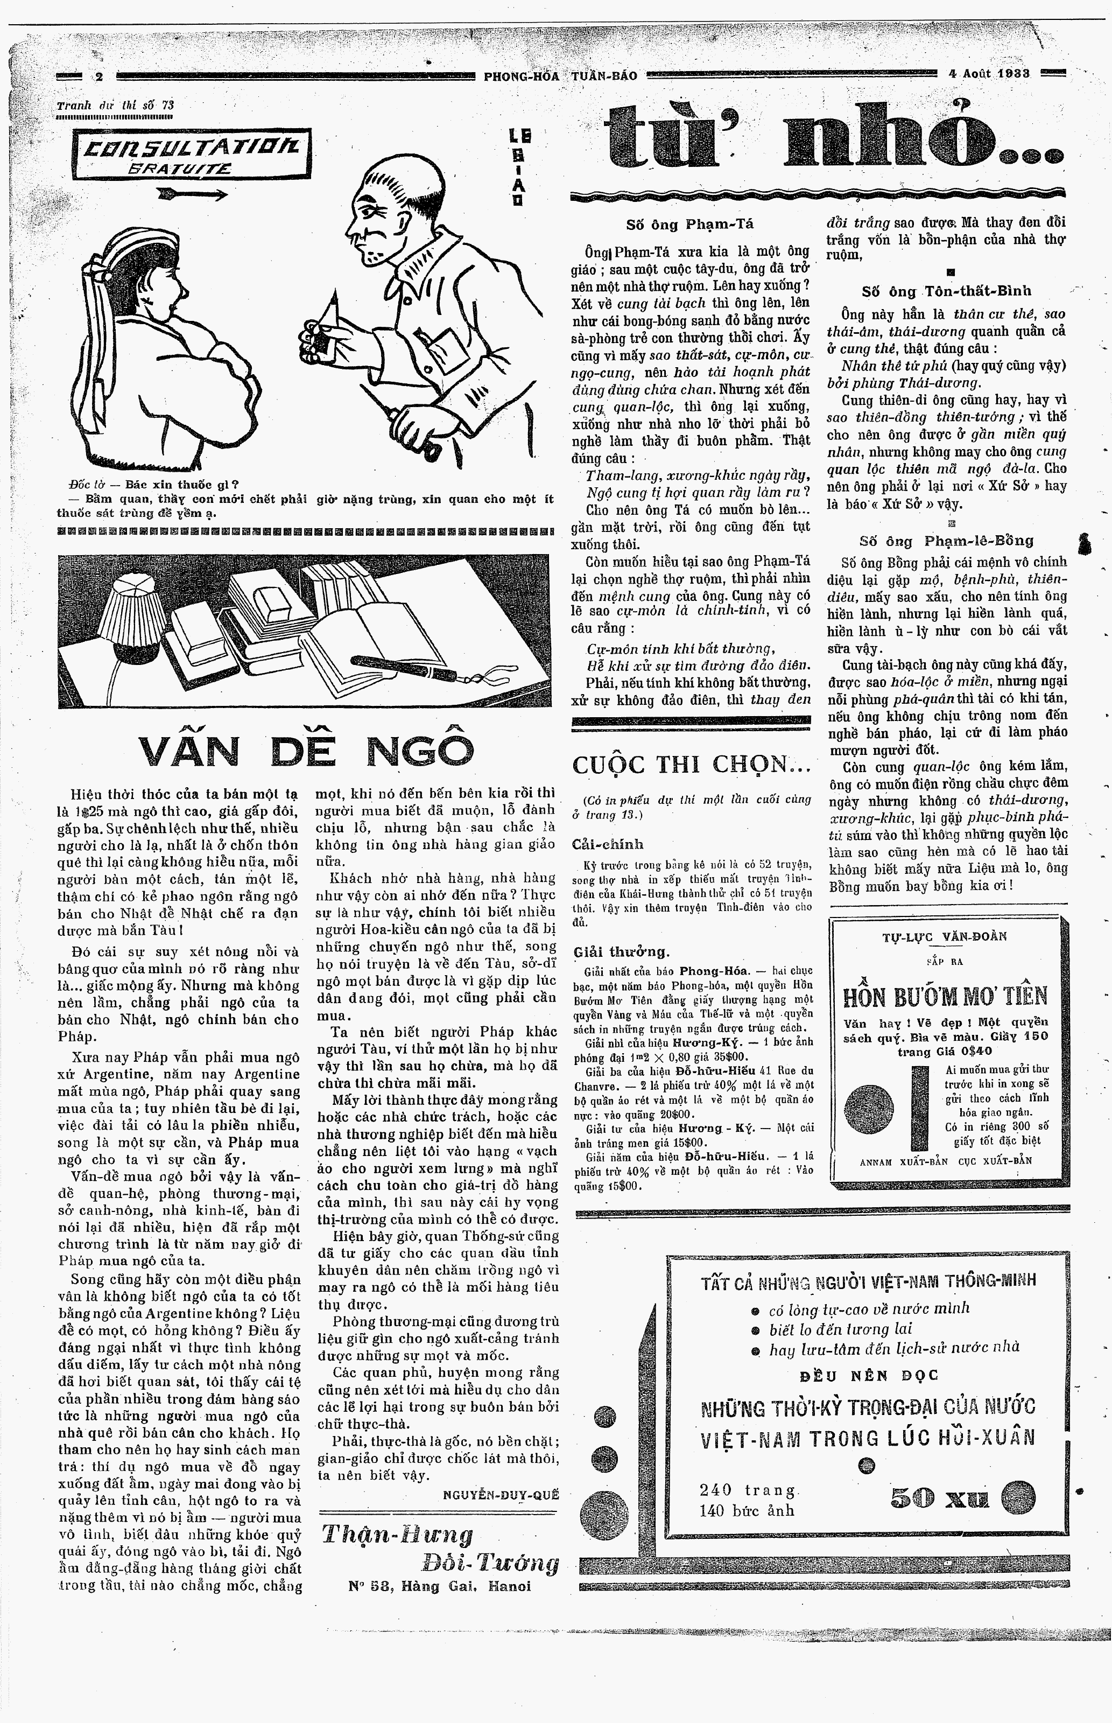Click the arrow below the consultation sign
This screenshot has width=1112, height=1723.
point(192,193)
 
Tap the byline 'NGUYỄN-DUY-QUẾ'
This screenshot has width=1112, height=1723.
point(501,1495)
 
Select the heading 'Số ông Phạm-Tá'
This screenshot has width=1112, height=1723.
point(689,225)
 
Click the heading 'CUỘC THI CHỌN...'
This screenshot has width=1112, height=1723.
point(692,764)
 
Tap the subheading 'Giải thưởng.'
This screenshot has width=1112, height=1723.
point(621,952)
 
